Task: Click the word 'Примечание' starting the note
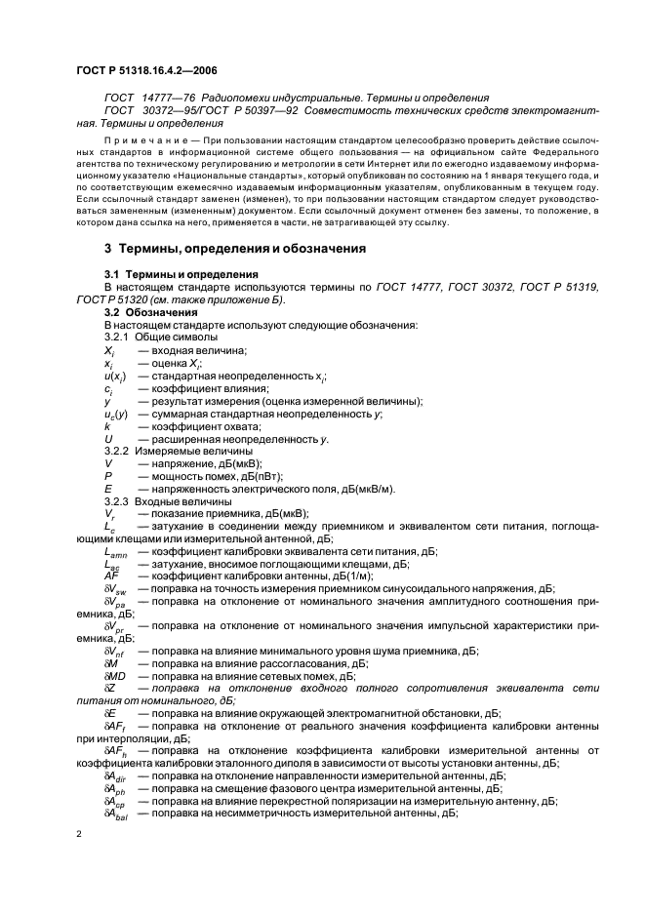[142, 140]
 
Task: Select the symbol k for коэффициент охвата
[106, 426]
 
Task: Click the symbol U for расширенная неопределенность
[107, 439]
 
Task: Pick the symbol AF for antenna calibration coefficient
[110, 576]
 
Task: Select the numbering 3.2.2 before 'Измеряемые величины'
[119, 451]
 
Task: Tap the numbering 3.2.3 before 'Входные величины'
[119, 500]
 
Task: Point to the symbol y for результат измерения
[106, 401]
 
